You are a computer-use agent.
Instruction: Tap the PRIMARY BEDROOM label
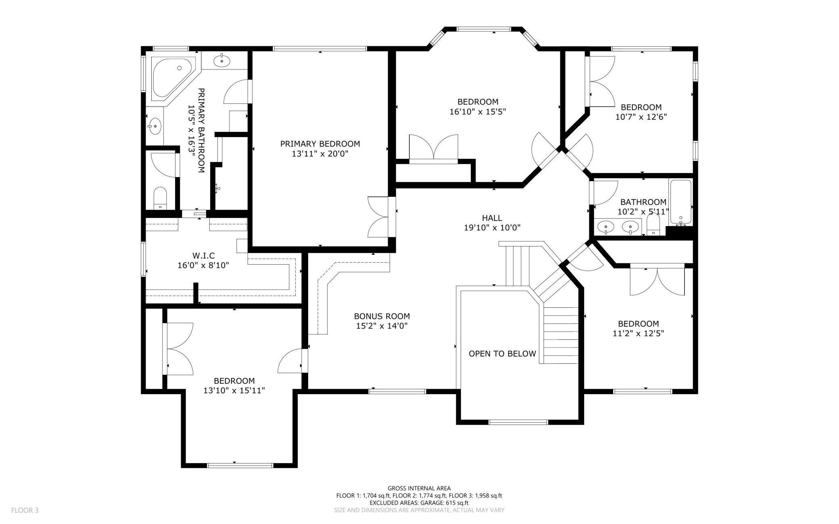point(320,144)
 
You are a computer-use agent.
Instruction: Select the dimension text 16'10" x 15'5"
point(478,112)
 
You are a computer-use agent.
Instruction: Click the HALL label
point(492,218)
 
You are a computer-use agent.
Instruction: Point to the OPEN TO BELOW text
point(502,354)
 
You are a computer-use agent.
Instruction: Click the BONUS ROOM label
point(382,317)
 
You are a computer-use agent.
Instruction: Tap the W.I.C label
point(203,256)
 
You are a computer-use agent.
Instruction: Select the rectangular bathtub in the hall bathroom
point(680,202)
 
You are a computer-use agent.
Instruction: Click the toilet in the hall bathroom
point(653,224)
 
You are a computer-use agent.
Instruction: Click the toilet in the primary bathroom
point(160,197)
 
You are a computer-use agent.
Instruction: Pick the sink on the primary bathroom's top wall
point(222,61)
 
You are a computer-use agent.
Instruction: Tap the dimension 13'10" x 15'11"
point(234,390)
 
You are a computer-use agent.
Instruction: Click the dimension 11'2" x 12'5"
point(638,334)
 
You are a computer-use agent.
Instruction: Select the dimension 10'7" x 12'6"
point(641,117)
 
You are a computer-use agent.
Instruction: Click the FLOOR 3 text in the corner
point(25,510)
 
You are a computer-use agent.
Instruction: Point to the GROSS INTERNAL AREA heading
point(419,488)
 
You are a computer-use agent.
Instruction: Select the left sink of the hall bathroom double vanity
point(605,228)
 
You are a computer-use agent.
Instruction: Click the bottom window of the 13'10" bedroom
point(240,465)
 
